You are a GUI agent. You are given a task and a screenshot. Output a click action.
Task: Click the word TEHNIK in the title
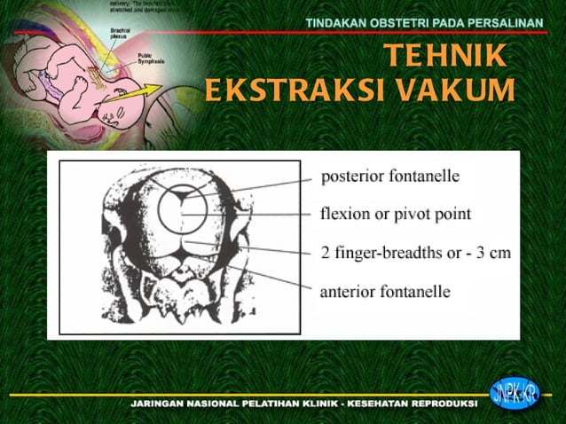point(446,57)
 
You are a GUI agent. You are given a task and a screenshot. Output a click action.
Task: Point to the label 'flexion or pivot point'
point(395,214)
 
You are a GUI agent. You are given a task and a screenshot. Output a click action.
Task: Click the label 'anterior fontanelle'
point(385,291)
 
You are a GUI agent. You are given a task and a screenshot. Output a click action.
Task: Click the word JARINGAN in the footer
point(161,404)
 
